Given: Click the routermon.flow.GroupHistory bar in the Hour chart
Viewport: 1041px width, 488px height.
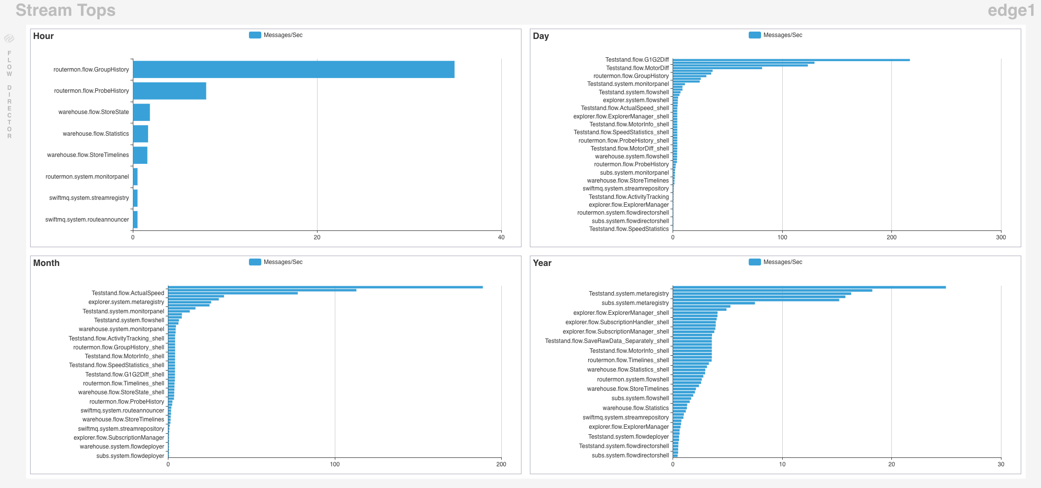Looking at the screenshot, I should [293, 70].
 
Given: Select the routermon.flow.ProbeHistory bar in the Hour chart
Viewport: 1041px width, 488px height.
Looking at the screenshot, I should [169, 91].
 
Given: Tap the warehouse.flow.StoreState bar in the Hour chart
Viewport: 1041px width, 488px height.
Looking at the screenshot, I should [141, 112].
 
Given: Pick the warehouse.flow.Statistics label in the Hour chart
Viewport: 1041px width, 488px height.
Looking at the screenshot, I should [96, 134].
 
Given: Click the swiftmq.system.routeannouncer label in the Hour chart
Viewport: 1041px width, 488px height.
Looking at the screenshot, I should [87, 220].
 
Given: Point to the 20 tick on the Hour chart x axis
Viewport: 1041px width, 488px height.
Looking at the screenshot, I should [317, 237].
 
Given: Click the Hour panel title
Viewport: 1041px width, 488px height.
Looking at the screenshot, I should [43, 36].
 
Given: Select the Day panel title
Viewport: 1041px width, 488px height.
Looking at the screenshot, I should [541, 36].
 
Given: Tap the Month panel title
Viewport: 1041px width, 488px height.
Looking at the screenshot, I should [46, 263].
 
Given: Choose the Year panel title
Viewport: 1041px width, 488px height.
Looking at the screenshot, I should [542, 263].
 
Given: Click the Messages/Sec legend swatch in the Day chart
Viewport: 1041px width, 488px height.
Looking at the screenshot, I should [755, 35].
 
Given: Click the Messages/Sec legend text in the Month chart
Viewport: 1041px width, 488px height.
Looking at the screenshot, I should [283, 262].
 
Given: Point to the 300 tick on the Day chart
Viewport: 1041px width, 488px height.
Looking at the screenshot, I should [1001, 237].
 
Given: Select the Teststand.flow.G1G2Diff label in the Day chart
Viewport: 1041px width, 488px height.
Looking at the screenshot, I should [637, 60].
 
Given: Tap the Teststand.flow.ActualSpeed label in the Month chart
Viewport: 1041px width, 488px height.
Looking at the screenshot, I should [128, 293].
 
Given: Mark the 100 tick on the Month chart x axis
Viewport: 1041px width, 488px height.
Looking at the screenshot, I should [335, 464].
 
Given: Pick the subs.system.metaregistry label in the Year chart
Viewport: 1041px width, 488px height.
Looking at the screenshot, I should [635, 303].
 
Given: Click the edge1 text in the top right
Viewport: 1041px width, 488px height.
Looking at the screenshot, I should [1011, 10].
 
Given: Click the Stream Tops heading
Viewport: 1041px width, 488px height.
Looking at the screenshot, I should [66, 10].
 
